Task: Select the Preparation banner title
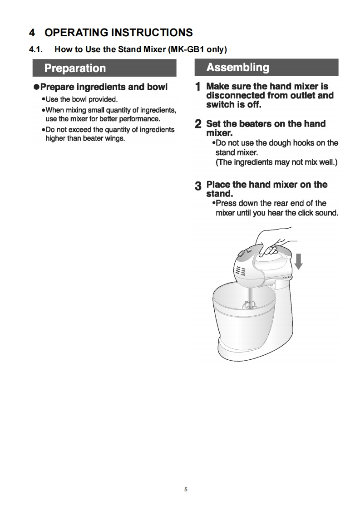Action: pos(75,68)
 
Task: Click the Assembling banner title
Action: pos(238,67)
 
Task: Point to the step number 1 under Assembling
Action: pos(197,87)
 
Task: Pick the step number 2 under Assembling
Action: pos(198,124)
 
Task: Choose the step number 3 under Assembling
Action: pos(198,186)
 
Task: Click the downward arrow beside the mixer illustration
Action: pos(299,261)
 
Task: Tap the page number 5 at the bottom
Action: pos(186,489)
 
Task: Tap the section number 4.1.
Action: pos(36,49)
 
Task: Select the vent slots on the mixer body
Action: pos(241,270)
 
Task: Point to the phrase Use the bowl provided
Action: pos(82,99)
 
